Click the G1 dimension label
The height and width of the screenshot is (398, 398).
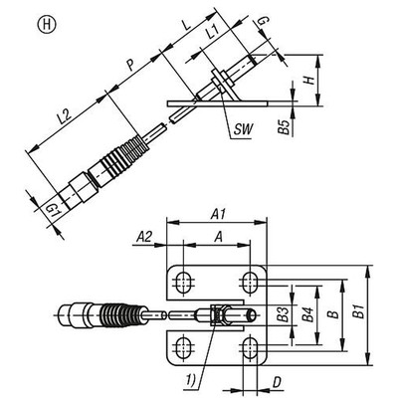pos(55,208)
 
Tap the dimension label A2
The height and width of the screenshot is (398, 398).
pos(144,236)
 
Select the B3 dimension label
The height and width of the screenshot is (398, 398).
pos(282,316)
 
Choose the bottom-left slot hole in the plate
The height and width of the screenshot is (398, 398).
pos(182,349)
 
